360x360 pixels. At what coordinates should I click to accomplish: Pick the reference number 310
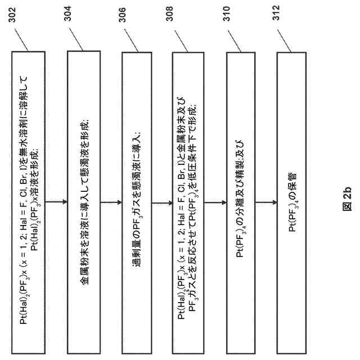232,15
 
